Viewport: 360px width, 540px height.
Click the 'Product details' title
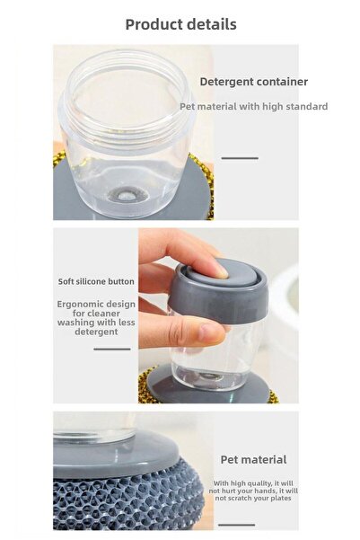180,24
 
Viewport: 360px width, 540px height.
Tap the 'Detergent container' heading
253,82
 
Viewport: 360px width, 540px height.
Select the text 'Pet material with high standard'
253,106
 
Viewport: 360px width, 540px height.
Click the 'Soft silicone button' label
96,281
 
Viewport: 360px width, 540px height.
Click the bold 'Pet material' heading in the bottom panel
253,460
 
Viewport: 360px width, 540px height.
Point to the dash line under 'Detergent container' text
240,158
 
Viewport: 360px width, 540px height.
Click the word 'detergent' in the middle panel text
96,332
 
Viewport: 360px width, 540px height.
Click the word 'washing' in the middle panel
76,323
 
